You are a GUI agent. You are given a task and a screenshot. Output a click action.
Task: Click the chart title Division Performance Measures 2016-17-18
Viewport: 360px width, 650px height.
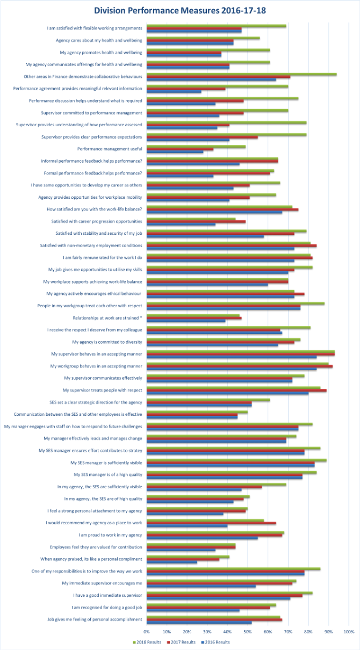pyautogui.click(x=179, y=10)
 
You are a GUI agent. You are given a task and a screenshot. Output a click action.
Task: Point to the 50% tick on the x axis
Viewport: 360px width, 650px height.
pyautogui.click(x=247, y=632)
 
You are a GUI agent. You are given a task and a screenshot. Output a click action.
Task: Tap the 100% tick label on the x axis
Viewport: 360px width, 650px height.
pyautogui.click(x=348, y=632)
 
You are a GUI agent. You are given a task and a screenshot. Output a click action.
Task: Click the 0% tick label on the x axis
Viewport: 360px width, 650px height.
pyautogui.click(x=147, y=632)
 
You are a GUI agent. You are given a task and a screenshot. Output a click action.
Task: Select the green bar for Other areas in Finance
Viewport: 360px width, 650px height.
pyautogui.click(x=242, y=74)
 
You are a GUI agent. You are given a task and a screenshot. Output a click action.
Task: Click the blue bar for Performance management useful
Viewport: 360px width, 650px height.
pyautogui.click(x=175, y=151)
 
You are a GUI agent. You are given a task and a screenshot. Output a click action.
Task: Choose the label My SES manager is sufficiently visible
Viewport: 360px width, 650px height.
pyautogui.click(x=106, y=463)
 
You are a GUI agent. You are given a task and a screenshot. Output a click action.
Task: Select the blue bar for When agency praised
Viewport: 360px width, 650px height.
pyautogui.click(x=172, y=562)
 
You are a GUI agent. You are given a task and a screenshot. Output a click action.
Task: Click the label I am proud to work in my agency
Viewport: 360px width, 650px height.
pyautogui.click(x=110, y=535)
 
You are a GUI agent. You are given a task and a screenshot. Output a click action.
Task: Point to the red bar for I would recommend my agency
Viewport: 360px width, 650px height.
pyautogui.click(x=211, y=523)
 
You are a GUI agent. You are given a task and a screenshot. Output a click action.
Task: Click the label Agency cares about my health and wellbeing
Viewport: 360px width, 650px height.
pyautogui.click(x=99, y=40)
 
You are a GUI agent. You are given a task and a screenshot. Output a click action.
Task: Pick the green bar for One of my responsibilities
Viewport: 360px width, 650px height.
pyautogui.click(x=233, y=568)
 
